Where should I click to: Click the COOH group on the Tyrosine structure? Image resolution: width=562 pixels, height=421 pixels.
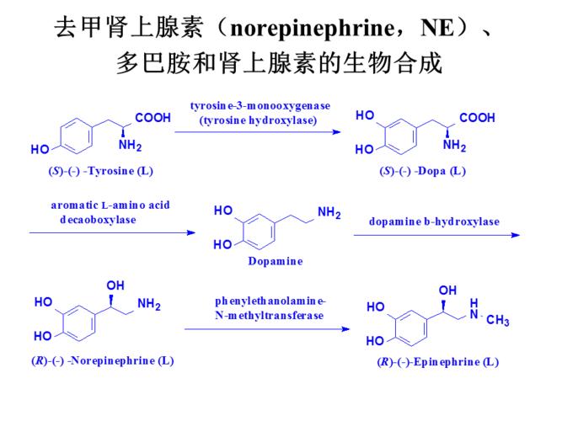(153, 119)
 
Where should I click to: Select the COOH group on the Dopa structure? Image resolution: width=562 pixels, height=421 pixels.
(477, 118)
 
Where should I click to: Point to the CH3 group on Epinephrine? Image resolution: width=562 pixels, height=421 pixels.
(498, 320)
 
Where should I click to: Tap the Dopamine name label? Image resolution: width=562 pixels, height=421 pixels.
(275, 261)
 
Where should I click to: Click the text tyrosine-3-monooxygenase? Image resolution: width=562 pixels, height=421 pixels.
(260, 105)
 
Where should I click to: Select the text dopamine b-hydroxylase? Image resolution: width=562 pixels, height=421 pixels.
(434, 221)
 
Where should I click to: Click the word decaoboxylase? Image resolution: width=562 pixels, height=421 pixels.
(98, 219)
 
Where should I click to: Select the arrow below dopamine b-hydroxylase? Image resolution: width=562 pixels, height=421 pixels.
(436, 235)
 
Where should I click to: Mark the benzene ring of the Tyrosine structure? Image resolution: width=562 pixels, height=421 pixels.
(81, 133)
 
